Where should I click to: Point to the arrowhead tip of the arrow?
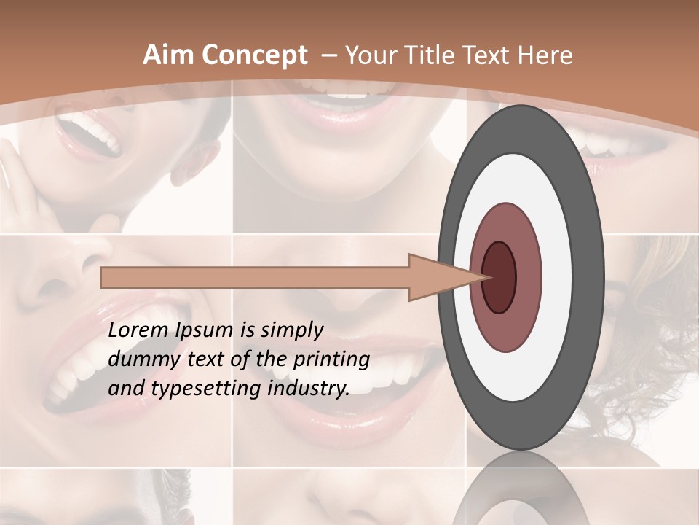click(489, 277)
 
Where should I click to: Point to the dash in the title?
click(328, 56)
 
